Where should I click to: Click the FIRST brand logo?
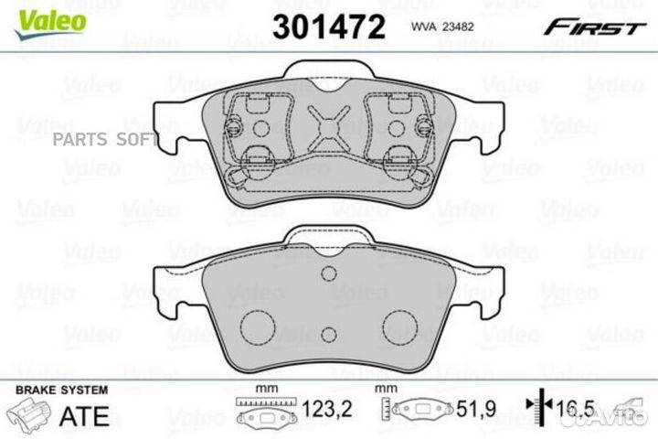pos(593,27)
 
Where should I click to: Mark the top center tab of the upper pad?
pos(328,73)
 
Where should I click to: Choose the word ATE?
pos(83,416)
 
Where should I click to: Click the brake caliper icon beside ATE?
pos(32,416)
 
